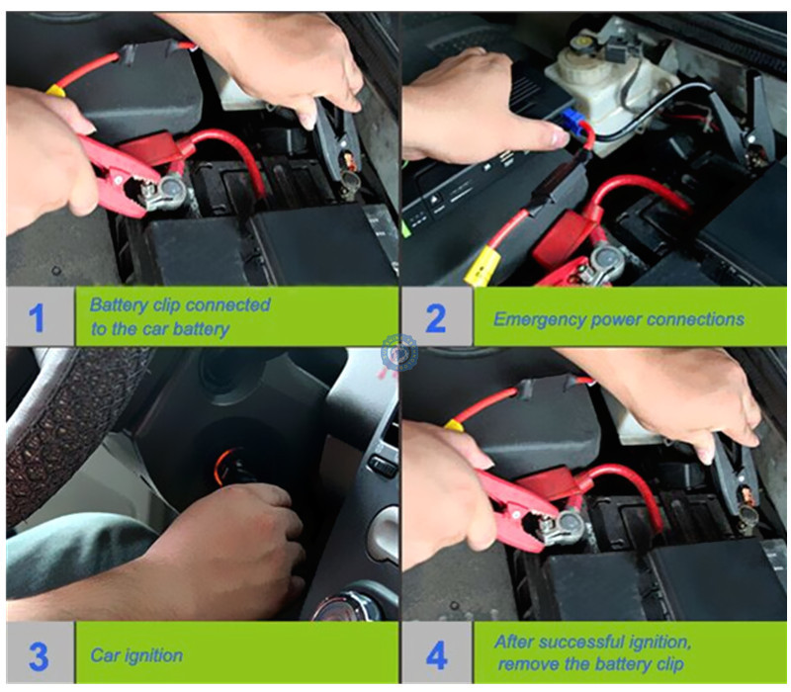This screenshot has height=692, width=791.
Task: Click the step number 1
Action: pos(36,318)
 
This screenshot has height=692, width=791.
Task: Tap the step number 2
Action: pos(435,318)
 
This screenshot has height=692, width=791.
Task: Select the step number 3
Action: pos(39,656)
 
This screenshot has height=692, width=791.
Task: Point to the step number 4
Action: pos(436,655)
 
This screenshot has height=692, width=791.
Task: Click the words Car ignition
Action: pos(136,655)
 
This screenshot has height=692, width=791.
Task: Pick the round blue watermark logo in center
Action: pos(399,353)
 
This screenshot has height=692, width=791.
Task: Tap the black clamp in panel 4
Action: pos(736,479)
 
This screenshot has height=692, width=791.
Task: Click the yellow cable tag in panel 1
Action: pos(56,91)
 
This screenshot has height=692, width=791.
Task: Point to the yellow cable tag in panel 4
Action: pos(454,425)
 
